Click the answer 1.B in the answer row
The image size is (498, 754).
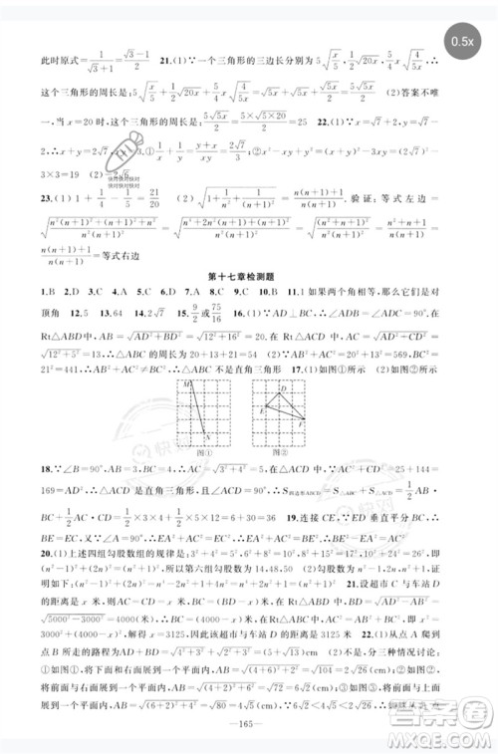click(x=47, y=294)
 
